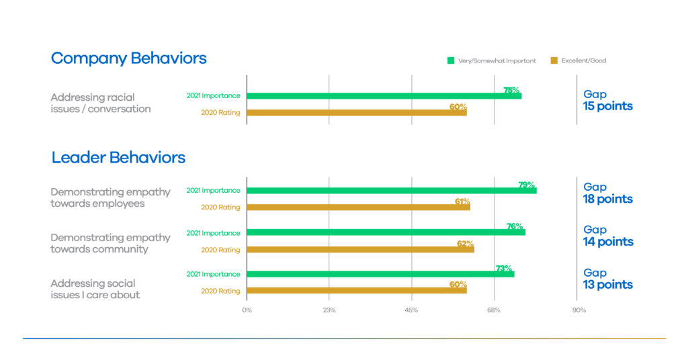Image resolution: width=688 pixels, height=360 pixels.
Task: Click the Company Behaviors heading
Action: point(128,58)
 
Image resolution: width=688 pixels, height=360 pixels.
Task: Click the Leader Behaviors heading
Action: point(118,158)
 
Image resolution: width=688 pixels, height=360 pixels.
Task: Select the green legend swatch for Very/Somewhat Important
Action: point(451,61)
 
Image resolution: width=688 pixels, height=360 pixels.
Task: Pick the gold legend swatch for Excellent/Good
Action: point(554,61)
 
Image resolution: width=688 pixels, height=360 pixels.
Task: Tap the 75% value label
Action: point(511,90)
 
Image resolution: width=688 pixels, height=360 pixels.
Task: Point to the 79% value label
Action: point(526,185)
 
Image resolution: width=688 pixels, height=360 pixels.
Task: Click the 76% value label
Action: point(515,226)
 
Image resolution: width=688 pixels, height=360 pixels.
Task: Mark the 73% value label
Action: point(504,268)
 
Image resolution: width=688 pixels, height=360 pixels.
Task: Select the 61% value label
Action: point(462,201)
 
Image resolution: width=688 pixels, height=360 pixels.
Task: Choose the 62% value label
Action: point(466,243)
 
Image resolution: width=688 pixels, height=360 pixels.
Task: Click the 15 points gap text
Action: point(607,106)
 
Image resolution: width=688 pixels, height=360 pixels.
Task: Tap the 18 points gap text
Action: point(607,199)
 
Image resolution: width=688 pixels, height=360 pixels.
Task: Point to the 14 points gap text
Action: point(607,242)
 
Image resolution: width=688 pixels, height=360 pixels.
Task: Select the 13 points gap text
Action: point(607,285)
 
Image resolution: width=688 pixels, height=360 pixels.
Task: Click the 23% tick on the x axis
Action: point(329,310)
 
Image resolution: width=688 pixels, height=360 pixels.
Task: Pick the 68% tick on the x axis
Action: point(494,310)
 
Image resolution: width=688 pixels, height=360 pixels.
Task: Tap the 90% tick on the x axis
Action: point(578,310)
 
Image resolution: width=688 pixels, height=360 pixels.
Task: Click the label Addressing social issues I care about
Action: point(95,289)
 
